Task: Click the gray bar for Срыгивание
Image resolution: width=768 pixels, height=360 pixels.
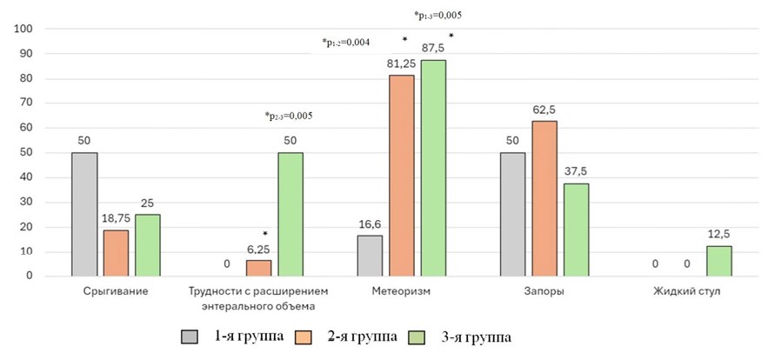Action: pos(85,214)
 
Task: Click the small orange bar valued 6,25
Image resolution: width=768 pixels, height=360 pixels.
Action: pos(259,268)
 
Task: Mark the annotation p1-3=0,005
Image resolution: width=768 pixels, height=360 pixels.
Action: pos(437,15)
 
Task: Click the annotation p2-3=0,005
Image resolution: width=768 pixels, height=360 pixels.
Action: pos(288,116)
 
